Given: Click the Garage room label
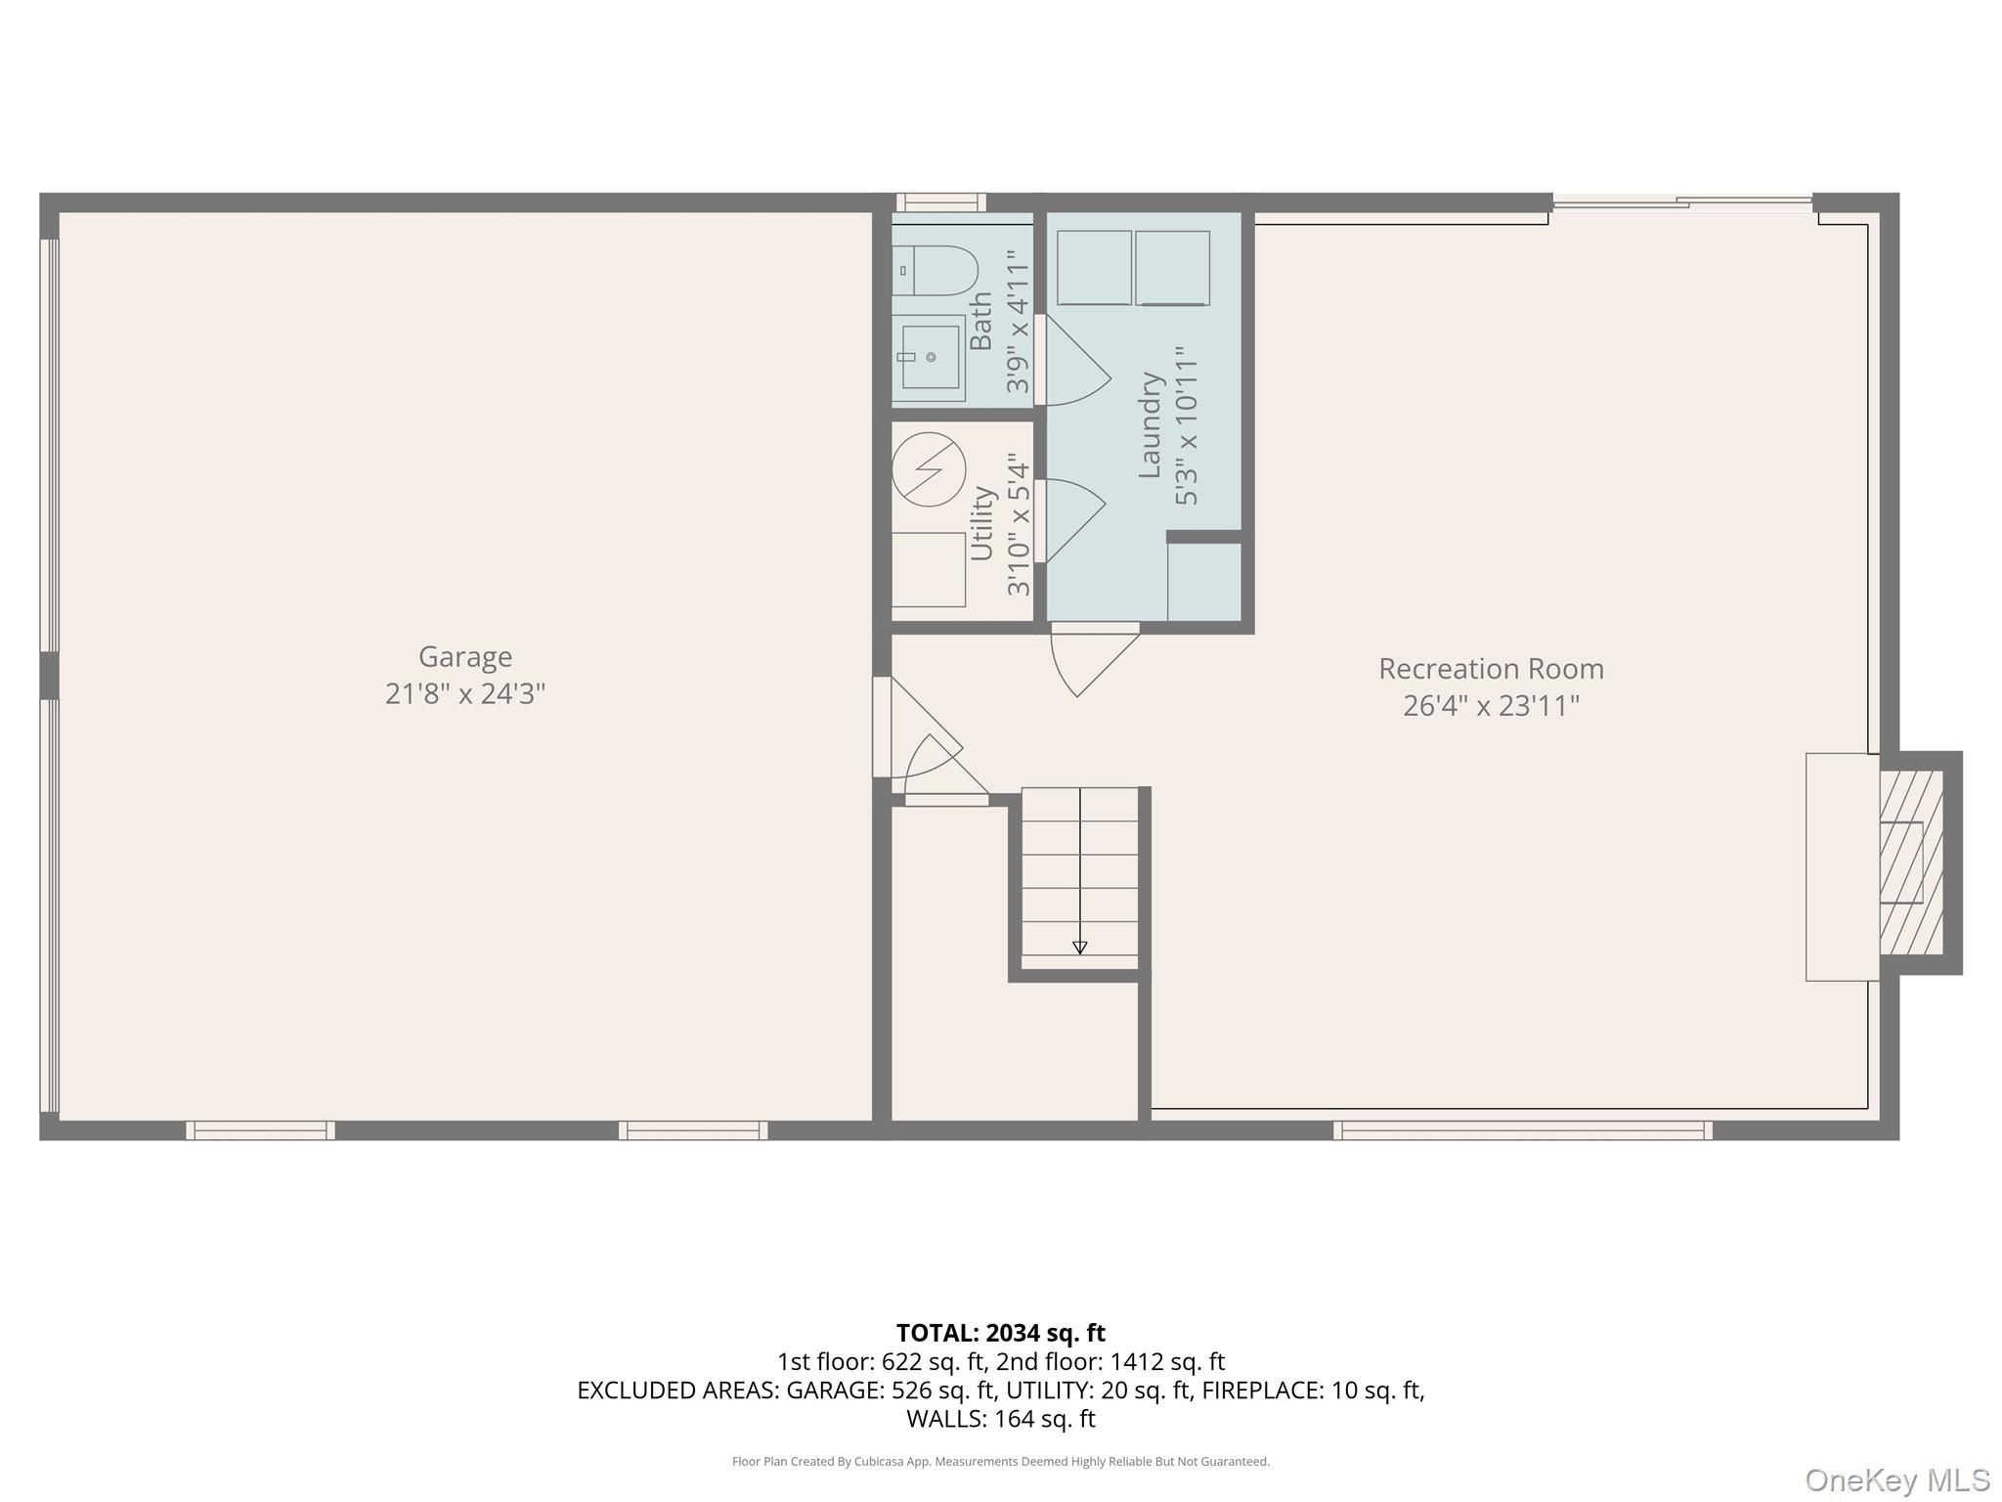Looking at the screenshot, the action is tap(465, 656).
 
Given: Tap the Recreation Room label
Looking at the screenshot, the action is tap(1491, 669).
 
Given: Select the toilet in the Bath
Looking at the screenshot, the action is tap(935, 271).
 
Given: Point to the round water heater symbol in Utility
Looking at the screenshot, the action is tap(929, 469).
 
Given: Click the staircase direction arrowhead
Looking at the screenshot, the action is tap(1080, 947).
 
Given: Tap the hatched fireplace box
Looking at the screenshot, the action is tap(1911, 862).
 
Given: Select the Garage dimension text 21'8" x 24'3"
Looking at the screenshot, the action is tap(465, 693).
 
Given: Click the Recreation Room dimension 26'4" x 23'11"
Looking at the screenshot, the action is tap(1491, 705).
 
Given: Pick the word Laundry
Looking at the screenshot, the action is tap(1150, 425).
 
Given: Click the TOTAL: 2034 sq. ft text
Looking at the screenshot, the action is tap(1001, 1333).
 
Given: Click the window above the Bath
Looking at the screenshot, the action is tap(940, 202).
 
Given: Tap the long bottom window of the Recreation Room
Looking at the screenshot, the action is tap(1523, 1130).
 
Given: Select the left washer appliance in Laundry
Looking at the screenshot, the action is tap(1095, 268).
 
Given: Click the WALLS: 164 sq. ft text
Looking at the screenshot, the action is tap(1001, 1419).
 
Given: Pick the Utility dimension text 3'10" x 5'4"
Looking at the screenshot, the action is tap(1019, 524).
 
